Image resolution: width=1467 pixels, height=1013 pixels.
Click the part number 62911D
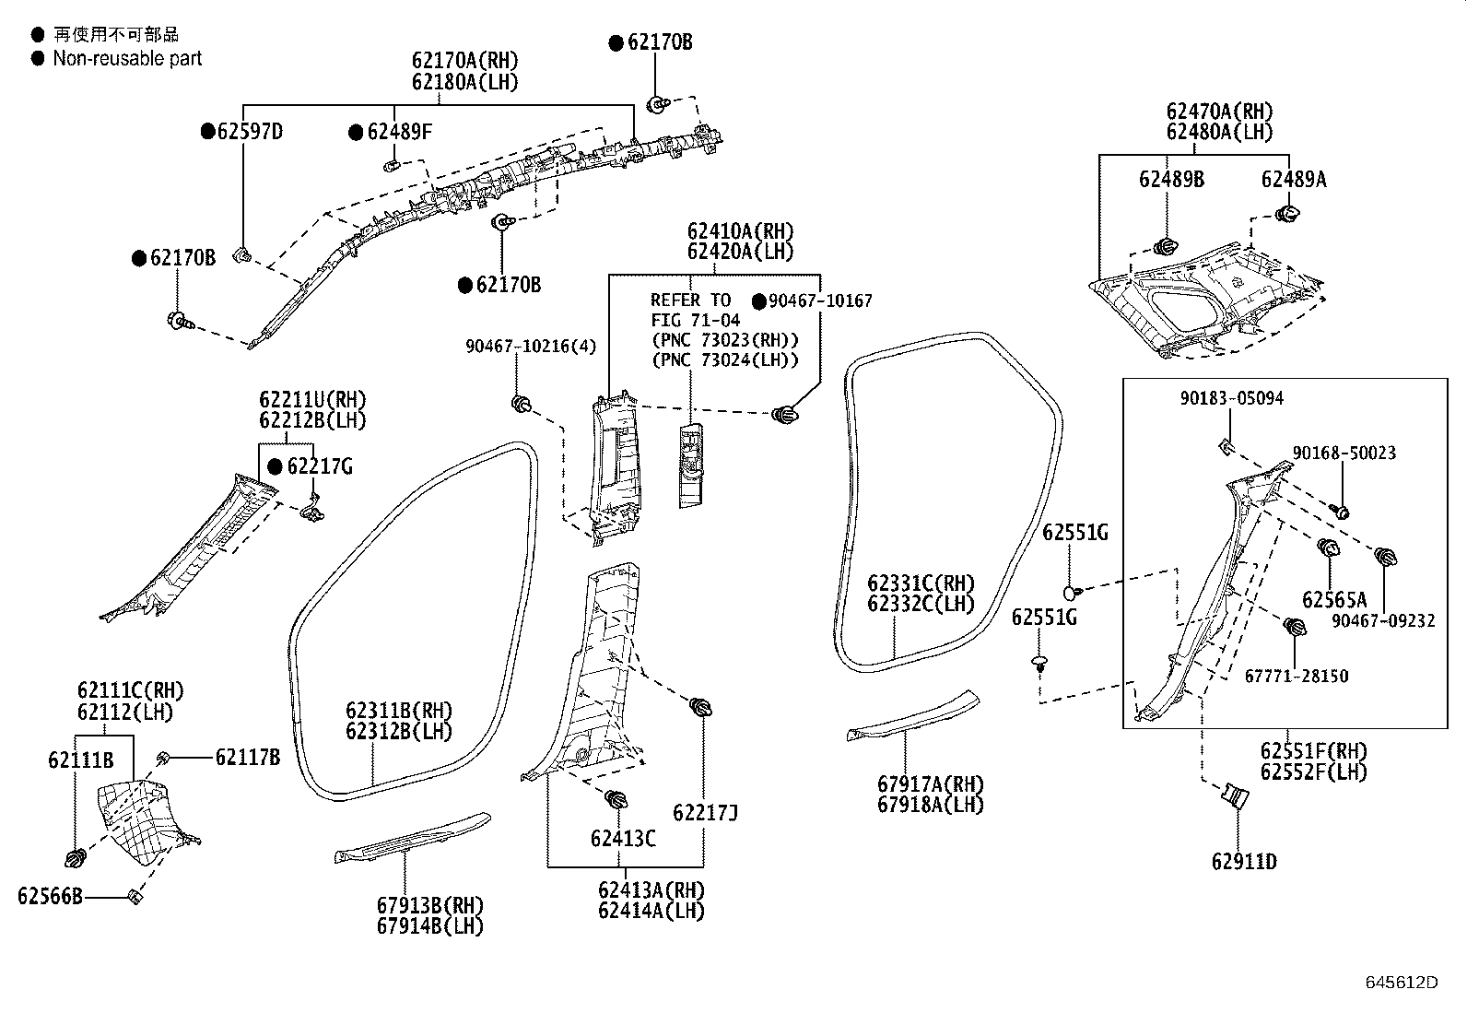[x=1244, y=862]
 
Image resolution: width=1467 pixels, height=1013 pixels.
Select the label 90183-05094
[x=1232, y=398]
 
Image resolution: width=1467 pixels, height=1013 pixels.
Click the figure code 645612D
[x=1401, y=983]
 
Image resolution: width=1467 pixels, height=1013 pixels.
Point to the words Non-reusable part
[x=127, y=58]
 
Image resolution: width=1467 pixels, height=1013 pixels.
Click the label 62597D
[x=250, y=132]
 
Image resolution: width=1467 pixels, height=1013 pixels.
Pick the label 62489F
[x=399, y=132]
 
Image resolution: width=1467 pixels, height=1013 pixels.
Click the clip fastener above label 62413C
[x=616, y=798]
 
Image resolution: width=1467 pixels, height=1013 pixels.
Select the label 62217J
[x=705, y=813]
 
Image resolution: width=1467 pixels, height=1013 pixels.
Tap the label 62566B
[x=50, y=896]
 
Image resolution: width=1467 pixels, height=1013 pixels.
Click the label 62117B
[x=248, y=758]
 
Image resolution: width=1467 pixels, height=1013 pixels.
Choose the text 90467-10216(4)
[x=531, y=347]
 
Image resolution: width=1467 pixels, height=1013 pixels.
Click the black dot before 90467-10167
[x=759, y=301]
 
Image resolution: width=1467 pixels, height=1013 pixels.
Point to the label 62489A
[x=1294, y=180]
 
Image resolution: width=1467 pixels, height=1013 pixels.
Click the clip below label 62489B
[x=1165, y=247]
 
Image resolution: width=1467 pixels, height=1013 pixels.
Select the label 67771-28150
[x=1297, y=676]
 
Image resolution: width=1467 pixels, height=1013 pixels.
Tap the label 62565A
[x=1334, y=600]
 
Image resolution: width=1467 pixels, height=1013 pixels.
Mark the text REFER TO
[x=690, y=300]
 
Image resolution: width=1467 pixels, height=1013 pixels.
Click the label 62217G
[x=319, y=466]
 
